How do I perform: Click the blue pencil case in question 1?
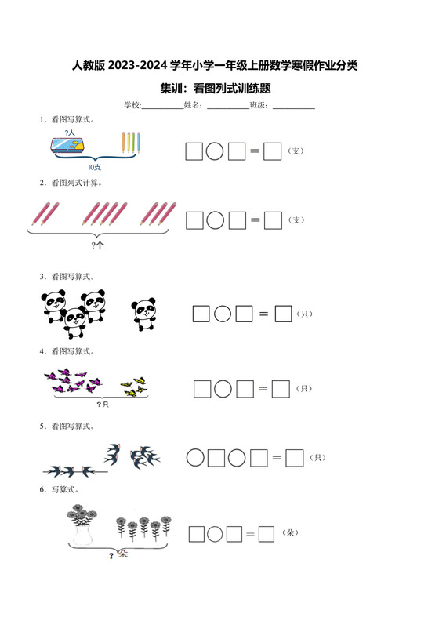pos(67,144)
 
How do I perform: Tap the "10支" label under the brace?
pos(95,167)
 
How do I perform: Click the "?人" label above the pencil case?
pos(70,133)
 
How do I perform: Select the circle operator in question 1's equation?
pos(215,151)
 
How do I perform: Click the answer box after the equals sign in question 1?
pos(272,151)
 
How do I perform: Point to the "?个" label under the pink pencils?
pos(97,245)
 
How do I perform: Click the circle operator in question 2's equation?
pos(216,220)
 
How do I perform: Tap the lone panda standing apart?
pos(144,314)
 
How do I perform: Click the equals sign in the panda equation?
pos(263,314)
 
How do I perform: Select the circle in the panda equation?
pos(223,314)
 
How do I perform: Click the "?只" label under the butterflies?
pos(103,405)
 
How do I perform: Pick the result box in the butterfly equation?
pos(281,389)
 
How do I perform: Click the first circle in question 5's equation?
pos(195,458)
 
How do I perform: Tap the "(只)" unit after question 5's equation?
pos(317,458)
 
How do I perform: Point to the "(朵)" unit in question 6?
pos(290,532)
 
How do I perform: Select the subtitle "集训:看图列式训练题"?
pos(216,88)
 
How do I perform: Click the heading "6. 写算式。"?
pos(59,489)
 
